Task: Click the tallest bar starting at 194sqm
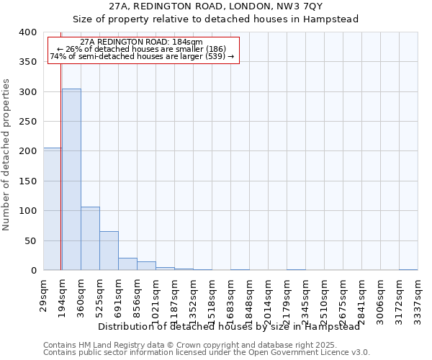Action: coord(71,179)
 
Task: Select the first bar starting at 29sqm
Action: coord(52,209)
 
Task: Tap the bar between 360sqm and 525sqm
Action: coord(90,238)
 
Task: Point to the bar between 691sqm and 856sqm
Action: coord(127,264)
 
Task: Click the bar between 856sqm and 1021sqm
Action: coord(146,266)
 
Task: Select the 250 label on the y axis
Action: coord(28,122)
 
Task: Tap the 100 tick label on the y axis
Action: coord(28,211)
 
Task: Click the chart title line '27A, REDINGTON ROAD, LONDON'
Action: coord(216,6)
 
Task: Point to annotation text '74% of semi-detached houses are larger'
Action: coord(142,55)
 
